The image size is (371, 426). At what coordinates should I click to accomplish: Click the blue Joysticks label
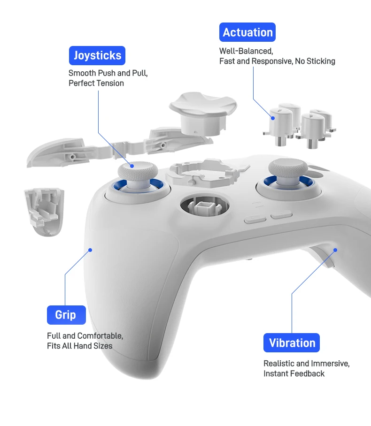coord(97,55)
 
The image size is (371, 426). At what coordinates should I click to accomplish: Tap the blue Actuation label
coord(247,32)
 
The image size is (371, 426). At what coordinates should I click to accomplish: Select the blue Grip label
coord(66,315)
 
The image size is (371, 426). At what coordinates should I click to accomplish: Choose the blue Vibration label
coord(291,343)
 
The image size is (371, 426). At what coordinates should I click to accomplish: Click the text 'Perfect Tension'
coord(96,83)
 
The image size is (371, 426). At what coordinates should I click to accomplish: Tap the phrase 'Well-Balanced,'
coord(246,51)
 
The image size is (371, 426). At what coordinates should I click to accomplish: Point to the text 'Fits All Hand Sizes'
coord(80,346)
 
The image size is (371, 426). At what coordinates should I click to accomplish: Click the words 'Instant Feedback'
coord(294,373)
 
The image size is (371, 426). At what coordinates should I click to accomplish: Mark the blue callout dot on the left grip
coord(91,250)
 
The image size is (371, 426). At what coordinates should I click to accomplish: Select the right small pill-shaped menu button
coord(281,216)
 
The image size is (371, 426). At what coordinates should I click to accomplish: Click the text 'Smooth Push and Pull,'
coord(108,73)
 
